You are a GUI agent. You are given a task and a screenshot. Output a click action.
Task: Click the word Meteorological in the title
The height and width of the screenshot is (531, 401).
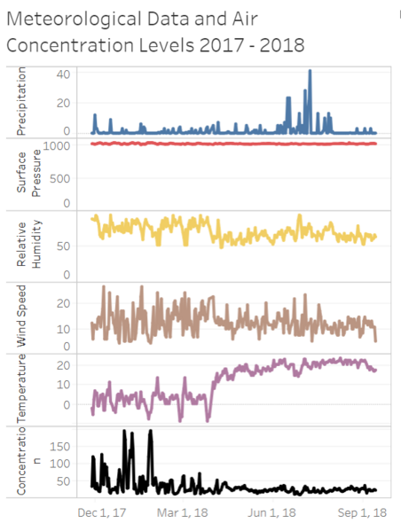(x=75, y=19)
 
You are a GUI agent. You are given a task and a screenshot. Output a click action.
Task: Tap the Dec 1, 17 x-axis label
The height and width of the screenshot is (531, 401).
(x=102, y=512)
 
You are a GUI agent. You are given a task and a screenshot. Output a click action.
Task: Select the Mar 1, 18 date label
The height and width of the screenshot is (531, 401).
(x=183, y=512)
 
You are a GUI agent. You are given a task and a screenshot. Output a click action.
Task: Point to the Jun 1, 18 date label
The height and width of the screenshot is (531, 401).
(x=271, y=512)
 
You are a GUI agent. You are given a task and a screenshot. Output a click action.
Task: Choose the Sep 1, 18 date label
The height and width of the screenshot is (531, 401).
(x=362, y=512)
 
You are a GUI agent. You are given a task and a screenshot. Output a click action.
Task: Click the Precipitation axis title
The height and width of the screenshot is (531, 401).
(x=21, y=101)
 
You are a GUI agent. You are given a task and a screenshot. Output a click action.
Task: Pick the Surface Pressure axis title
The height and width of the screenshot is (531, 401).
(x=28, y=174)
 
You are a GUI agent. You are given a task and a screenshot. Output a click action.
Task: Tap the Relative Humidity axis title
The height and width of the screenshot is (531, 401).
(x=28, y=244)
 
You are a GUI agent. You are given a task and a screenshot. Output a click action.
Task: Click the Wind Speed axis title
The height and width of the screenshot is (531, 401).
(x=21, y=316)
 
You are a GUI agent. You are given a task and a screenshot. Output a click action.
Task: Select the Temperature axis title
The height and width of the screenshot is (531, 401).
(x=21, y=388)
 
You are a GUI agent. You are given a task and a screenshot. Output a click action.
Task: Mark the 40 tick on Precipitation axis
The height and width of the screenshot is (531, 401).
(x=63, y=74)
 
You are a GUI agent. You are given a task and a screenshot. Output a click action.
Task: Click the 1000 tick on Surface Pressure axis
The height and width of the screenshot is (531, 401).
(x=57, y=146)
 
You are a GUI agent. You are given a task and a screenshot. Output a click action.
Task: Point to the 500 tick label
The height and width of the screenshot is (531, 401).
(x=60, y=178)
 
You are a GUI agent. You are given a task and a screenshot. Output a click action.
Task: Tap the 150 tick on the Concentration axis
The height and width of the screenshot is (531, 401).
(x=60, y=446)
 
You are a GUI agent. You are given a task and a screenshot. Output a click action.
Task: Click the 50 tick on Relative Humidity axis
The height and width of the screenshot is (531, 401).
(x=63, y=246)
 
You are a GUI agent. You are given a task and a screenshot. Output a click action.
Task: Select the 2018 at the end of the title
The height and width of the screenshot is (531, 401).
(x=282, y=45)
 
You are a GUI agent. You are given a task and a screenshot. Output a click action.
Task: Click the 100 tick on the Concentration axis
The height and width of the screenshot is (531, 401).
(x=60, y=464)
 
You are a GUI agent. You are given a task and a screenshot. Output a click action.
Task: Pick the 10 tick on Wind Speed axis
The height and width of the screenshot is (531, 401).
(x=63, y=329)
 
